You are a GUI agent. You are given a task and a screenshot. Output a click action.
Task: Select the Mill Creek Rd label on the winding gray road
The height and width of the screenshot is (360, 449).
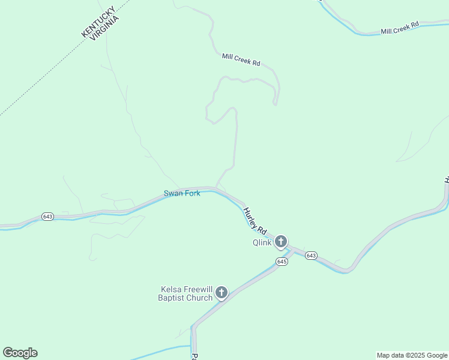(x=241, y=59)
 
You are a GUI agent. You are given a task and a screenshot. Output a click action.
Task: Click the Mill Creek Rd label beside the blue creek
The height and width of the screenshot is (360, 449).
(x=399, y=28)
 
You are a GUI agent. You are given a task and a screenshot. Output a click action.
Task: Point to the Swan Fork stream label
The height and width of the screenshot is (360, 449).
(x=182, y=194)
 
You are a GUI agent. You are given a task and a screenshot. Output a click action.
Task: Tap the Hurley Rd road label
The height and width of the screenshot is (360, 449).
(x=255, y=220)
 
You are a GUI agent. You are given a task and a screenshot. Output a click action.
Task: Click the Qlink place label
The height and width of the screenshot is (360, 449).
(x=261, y=243)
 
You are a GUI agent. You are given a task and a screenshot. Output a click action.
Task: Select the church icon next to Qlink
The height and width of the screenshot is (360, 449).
(x=280, y=242)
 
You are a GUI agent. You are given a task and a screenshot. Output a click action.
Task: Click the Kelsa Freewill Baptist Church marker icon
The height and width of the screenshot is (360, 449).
(x=221, y=293)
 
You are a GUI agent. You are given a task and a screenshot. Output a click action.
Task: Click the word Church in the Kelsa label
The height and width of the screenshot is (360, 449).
(x=200, y=298)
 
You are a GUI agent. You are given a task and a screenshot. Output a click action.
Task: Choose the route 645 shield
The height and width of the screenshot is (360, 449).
(x=282, y=262)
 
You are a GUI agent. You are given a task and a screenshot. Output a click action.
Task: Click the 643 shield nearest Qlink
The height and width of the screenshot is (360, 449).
(x=310, y=256)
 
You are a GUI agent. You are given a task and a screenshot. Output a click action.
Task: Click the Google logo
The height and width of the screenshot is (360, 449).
(x=20, y=353)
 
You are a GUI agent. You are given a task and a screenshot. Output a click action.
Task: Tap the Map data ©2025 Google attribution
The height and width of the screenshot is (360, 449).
(x=412, y=355)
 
